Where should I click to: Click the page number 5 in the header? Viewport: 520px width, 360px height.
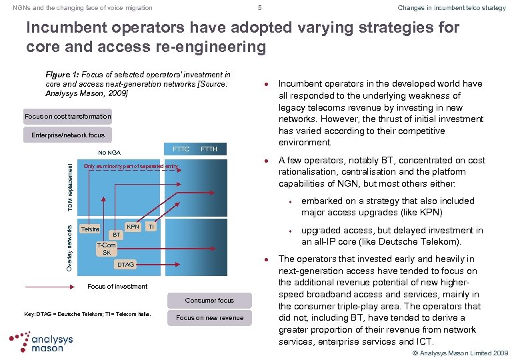pyautogui.click(x=260, y=8)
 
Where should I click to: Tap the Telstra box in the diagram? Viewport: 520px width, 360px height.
pyautogui.click(x=89, y=229)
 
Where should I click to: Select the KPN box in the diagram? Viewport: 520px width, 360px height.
pyautogui.click(x=133, y=227)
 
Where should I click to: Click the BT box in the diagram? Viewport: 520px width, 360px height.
pyautogui.click(x=116, y=235)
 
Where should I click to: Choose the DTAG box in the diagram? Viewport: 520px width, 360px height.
pyautogui.click(x=125, y=265)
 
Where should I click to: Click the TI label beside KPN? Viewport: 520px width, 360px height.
pyautogui.click(x=151, y=227)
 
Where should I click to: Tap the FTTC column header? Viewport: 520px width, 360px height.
pyautogui.click(x=181, y=149)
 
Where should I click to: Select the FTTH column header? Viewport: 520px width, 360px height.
pyautogui.click(x=209, y=149)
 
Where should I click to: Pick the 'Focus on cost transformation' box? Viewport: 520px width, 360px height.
pyautogui.click(x=68, y=117)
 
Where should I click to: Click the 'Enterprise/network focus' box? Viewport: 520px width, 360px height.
pyautogui.click(x=68, y=135)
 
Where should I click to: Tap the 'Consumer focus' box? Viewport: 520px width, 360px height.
pyautogui.click(x=209, y=301)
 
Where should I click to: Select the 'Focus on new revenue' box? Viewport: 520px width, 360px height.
pyautogui.click(x=209, y=318)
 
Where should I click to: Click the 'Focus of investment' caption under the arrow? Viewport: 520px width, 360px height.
pyautogui.click(x=118, y=287)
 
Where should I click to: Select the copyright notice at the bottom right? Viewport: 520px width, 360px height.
pyautogui.click(x=460, y=353)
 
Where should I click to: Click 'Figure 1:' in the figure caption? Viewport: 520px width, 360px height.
pyautogui.click(x=62, y=75)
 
